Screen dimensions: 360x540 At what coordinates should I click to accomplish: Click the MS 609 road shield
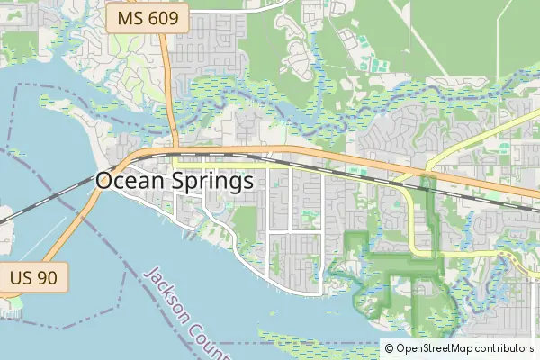click(148, 18)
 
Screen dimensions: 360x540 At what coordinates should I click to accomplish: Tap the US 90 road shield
click(33, 278)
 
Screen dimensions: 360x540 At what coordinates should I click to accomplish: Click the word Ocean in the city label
click(130, 181)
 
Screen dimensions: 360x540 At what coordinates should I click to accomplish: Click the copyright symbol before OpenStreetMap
click(389, 348)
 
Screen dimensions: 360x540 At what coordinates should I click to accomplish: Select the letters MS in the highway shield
click(130, 18)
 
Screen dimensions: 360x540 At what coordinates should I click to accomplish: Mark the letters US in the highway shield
click(22, 278)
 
